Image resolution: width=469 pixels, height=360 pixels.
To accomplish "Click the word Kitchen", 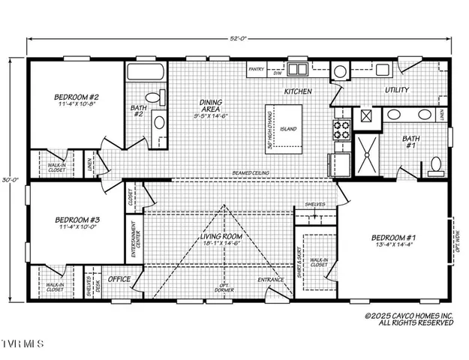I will (x=277, y=91).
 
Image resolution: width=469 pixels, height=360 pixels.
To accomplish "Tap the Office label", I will (x=119, y=279).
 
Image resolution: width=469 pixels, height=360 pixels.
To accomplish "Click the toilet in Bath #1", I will (x=434, y=166).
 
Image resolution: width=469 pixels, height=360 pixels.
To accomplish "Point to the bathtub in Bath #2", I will (x=145, y=72).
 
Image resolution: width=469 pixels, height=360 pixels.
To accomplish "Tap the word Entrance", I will (x=272, y=280).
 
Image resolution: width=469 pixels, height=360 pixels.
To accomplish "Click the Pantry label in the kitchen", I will (x=257, y=73).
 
